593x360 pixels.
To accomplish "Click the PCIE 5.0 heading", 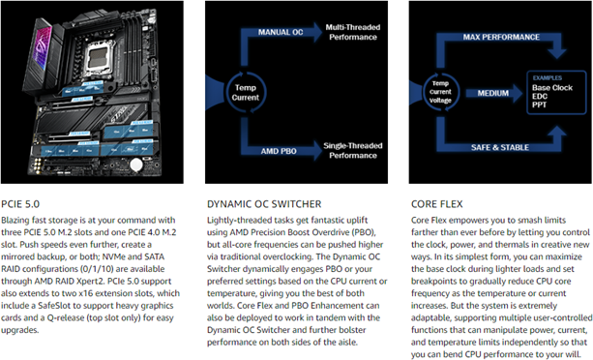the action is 20,204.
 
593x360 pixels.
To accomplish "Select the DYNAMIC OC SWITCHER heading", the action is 264,204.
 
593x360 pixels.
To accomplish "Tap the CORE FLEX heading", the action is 437,204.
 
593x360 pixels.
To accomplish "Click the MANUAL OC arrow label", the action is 281,32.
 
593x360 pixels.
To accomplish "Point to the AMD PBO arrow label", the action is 279,151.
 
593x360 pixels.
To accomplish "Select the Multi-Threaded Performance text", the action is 353,32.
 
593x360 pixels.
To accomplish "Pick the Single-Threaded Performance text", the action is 353,151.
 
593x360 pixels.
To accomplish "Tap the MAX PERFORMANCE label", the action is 501,37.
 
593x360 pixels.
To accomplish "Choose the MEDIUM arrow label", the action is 492,93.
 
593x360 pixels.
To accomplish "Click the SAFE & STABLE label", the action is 500,147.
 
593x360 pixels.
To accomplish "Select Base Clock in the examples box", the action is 552,88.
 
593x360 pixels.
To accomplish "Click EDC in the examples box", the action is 540,96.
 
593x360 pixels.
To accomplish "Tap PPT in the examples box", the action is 539,105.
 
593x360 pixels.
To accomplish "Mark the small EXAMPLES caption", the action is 548,77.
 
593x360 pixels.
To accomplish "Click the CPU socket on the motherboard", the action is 99,58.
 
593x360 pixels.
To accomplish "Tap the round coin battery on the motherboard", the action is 136,165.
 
